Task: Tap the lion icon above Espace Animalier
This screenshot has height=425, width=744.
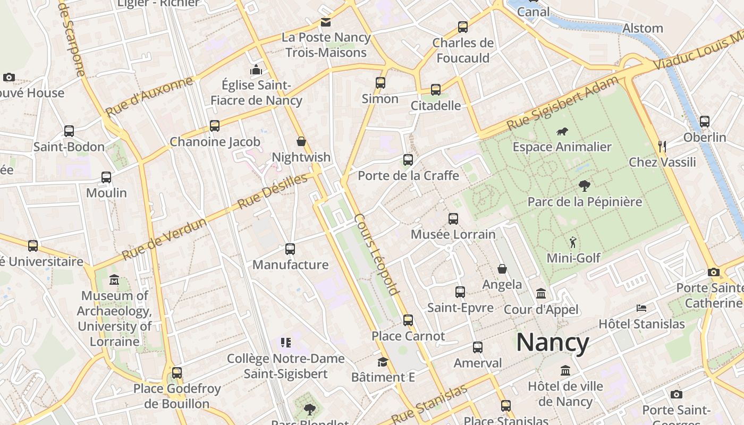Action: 562,131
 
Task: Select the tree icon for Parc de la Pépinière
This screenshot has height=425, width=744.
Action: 585,186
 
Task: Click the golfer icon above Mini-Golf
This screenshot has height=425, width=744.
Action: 573,243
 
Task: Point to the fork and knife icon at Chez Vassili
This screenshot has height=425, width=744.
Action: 662,147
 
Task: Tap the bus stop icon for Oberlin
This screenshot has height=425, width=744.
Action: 705,122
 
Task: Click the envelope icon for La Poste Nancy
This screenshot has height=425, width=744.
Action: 325,22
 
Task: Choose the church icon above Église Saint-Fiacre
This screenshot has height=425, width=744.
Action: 256,70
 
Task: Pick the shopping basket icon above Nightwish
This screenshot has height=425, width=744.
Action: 301,141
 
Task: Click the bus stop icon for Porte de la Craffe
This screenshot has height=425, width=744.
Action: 408,160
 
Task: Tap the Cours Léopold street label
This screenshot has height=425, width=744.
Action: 376,254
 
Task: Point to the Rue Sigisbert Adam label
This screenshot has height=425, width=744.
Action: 563,103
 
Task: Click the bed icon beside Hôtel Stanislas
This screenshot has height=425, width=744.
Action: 641,308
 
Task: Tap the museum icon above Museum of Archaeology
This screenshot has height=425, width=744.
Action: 114,280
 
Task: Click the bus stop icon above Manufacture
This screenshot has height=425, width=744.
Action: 290,249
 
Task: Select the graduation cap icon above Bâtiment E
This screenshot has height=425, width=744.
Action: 383,362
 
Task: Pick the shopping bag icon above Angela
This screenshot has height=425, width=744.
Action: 502,269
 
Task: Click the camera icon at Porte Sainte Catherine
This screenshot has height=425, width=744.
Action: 714,273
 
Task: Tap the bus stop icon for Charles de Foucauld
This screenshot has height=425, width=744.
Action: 463,27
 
